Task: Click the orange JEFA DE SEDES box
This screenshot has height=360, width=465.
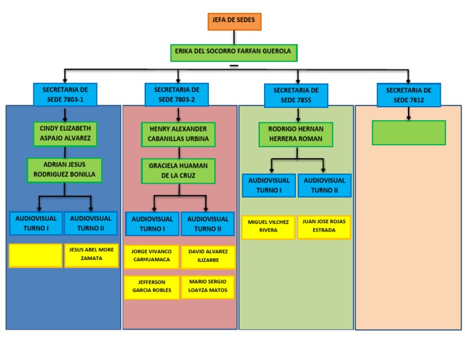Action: pos(234,21)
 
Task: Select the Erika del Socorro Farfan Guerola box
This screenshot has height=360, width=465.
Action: pos(234,52)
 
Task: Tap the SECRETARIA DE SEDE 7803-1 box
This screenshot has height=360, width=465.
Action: pos(65,94)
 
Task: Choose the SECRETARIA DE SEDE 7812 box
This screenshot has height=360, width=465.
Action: pos(409,95)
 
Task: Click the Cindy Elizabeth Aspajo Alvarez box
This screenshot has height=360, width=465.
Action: pos(65,134)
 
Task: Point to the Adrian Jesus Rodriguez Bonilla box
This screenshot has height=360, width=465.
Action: pos(65,170)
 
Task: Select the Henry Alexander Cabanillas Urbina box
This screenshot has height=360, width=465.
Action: pos(178,134)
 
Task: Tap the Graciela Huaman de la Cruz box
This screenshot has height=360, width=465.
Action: pos(178,170)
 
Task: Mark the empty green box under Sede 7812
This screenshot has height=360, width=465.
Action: pos(409,133)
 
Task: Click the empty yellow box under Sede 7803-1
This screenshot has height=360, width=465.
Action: pos(36,255)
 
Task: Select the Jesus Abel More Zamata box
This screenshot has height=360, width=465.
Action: pos(91,255)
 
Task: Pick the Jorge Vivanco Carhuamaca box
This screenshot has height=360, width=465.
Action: pos(151,257)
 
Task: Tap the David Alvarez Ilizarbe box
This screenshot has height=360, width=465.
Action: pos(208,257)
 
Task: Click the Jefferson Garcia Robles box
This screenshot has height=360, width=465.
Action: pos(151,287)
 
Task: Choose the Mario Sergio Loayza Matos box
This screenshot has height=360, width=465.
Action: pos(208,287)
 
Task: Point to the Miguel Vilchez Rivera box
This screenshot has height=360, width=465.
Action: pos(268,227)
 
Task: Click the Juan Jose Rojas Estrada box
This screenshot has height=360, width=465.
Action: pos(324,227)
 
